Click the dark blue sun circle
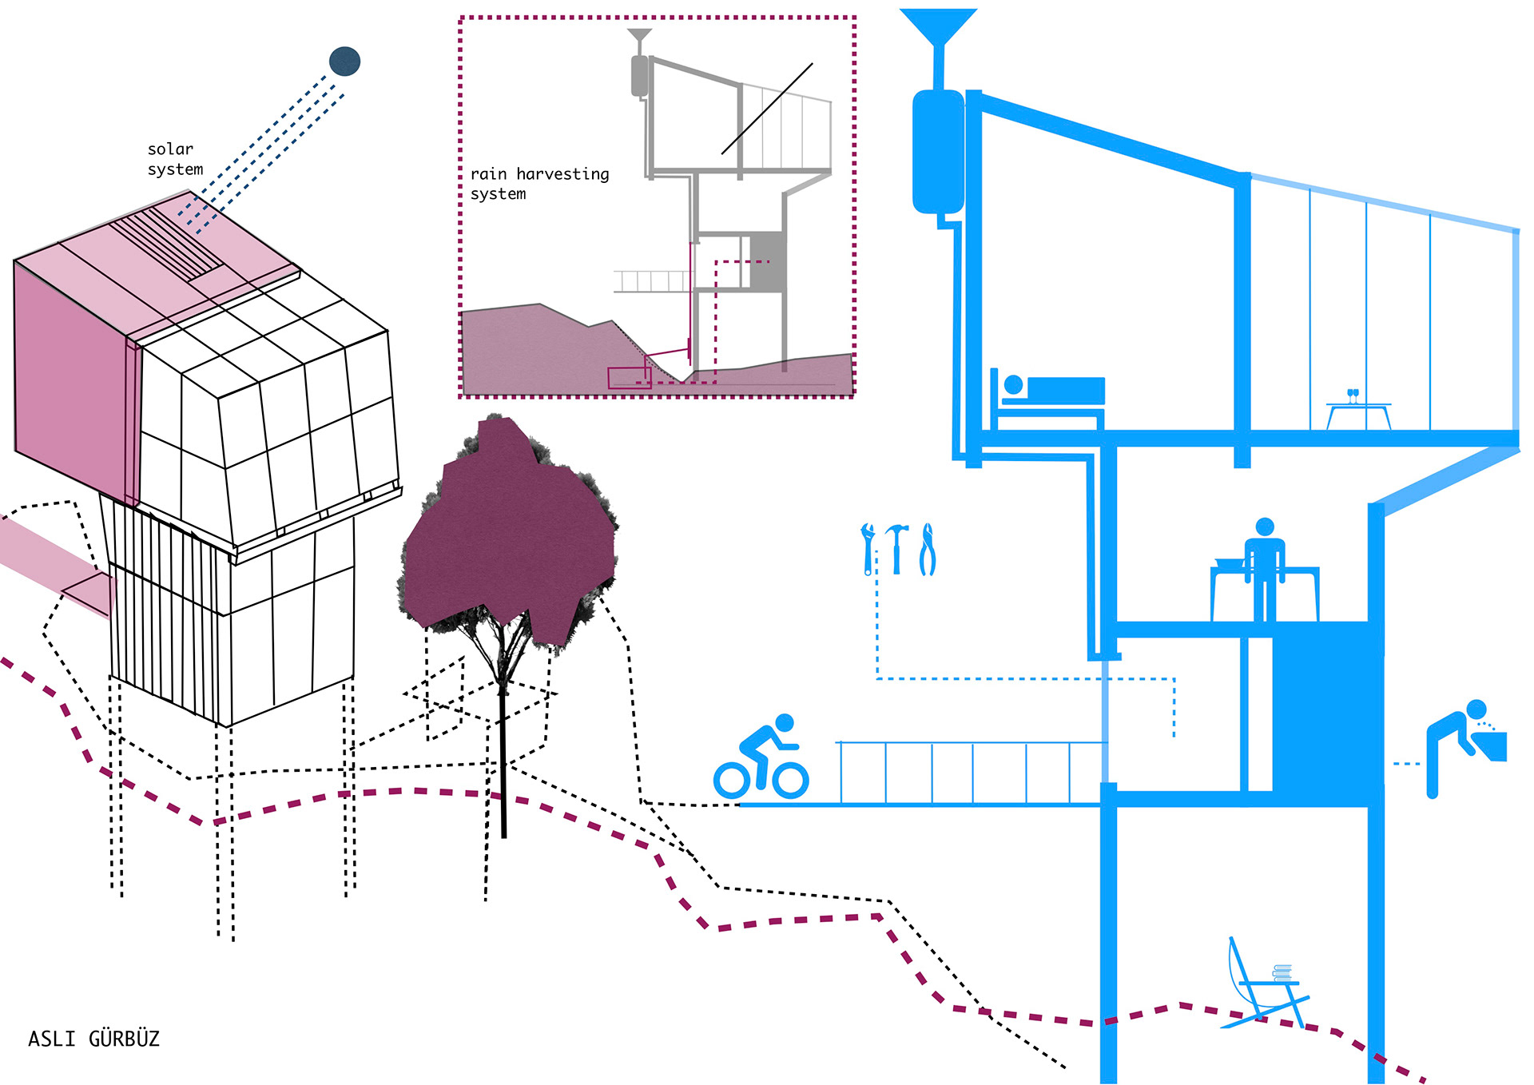(344, 62)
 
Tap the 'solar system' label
(175, 159)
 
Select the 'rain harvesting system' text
(539, 184)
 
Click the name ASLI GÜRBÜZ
(93, 1039)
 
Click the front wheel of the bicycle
(790, 779)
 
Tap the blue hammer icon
(897, 547)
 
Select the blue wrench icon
(868, 548)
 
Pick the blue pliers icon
(927, 549)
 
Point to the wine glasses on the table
(1353, 395)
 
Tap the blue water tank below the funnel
(938, 152)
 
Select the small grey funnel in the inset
(639, 36)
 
